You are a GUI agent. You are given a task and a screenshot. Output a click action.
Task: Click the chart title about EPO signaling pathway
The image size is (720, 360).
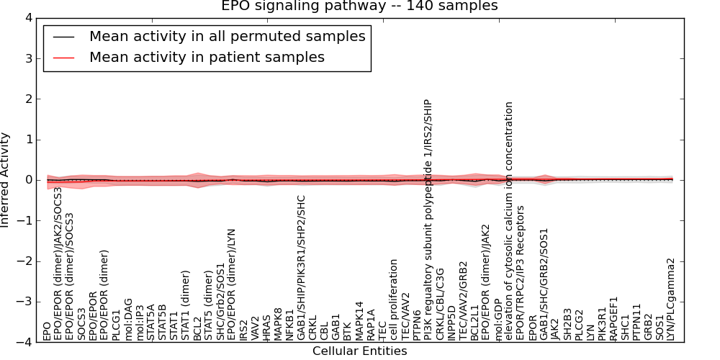click(x=359, y=6)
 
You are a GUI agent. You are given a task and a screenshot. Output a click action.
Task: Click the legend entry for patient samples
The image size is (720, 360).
click(x=207, y=57)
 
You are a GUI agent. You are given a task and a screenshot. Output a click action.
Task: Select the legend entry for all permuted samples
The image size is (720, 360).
click(x=227, y=36)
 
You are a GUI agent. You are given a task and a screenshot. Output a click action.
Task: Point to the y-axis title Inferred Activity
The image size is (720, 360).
click(x=6, y=180)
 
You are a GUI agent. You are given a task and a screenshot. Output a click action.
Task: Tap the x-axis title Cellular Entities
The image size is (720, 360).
click(x=359, y=351)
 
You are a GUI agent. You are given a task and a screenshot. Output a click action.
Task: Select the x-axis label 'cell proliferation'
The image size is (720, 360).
click(x=394, y=300)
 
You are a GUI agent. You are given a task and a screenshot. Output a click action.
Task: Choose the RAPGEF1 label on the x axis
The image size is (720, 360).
click(x=614, y=318)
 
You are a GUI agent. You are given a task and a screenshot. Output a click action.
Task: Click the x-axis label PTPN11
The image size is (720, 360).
click(x=636, y=321)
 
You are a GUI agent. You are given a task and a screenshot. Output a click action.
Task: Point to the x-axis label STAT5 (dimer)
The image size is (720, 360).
click(x=209, y=305)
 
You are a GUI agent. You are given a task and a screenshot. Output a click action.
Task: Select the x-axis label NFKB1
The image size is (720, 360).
click(x=289, y=325)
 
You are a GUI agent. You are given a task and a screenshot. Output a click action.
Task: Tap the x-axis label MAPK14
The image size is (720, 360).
click(x=359, y=321)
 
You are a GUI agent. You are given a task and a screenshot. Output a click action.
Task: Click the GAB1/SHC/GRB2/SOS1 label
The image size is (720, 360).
click(x=544, y=284)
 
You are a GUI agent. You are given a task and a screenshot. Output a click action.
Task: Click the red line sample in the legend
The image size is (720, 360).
click(x=63, y=57)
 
